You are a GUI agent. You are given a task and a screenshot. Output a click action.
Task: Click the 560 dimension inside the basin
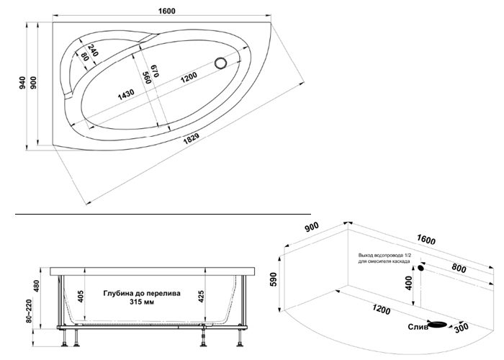pyautogui.click(x=145, y=77)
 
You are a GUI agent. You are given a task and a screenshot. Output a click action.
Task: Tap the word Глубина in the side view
pyautogui.click(x=119, y=294)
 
